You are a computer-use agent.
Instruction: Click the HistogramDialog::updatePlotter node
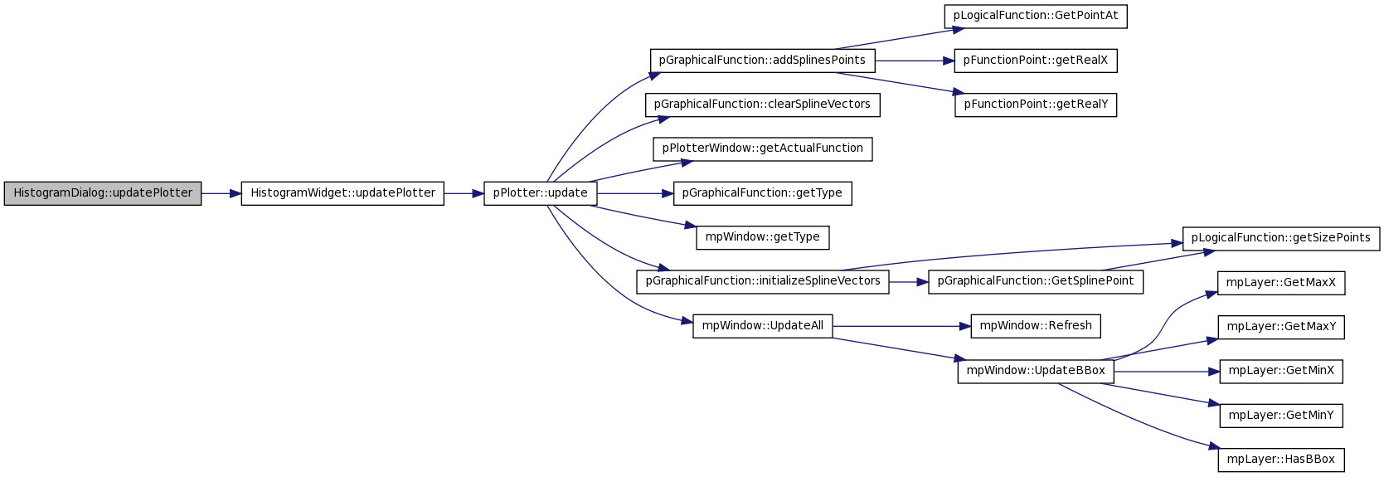point(103,193)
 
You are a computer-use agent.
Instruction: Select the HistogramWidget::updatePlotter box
point(342,193)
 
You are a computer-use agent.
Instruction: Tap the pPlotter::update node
point(540,193)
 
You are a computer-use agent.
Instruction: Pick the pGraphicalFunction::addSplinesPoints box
point(762,61)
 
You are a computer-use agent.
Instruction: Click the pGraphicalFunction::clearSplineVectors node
point(762,105)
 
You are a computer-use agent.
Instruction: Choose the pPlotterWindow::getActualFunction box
point(762,149)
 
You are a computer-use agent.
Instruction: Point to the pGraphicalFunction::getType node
point(762,193)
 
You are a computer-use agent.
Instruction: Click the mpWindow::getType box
point(762,238)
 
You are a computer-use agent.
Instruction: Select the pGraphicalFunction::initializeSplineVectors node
point(762,282)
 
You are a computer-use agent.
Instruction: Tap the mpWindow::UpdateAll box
point(762,326)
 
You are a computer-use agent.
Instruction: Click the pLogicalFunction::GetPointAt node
point(1036,16)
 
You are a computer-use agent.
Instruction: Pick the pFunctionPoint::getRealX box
point(1036,61)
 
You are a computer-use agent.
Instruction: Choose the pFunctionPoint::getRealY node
point(1036,105)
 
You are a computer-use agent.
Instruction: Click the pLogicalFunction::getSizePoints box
point(1281,238)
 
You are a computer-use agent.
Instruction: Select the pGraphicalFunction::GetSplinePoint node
point(1036,282)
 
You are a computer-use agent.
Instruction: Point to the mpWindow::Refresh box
point(1036,326)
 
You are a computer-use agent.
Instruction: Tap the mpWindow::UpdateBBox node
point(1036,371)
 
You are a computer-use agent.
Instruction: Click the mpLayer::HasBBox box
point(1281,460)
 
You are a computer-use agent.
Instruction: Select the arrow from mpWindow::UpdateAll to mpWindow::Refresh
point(901,326)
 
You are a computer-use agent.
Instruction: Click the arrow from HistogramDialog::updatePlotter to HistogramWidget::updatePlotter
point(221,193)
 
